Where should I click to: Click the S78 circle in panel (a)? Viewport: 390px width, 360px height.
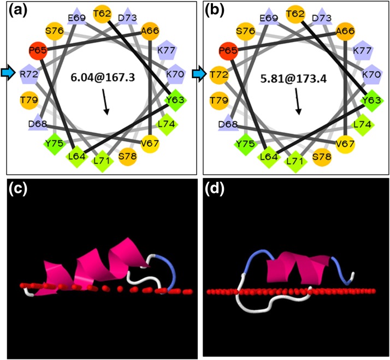pos(127,156)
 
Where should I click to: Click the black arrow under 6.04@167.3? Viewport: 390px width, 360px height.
pos(105,103)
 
